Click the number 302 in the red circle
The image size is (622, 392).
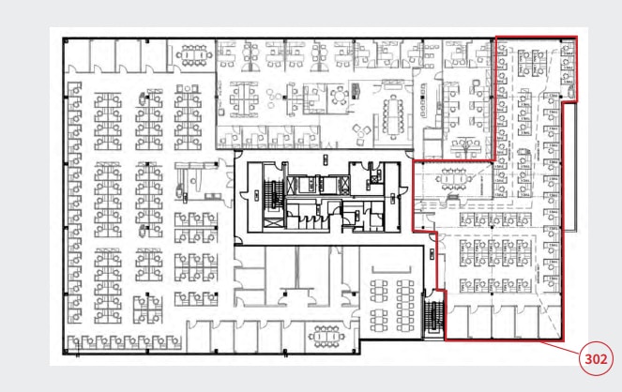pyautogui.click(x=594, y=358)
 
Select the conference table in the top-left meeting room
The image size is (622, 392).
pyautogui.click(x=194, y=55)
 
